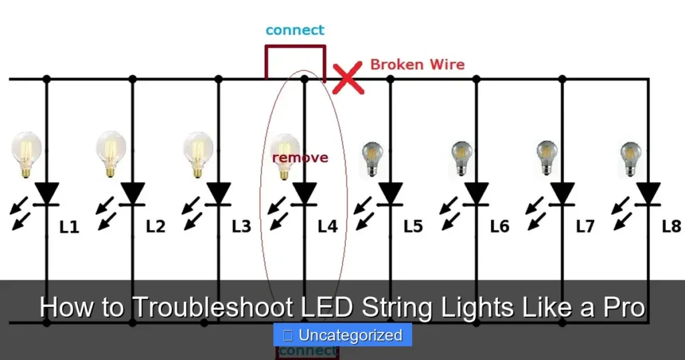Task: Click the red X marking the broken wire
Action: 348,79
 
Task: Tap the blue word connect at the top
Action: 294,30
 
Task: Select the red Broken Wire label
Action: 417,65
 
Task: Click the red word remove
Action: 300,157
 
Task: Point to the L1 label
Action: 69,227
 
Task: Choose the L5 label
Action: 413,227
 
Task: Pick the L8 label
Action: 671,226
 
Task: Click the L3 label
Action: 241,227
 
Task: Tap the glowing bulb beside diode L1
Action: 27,153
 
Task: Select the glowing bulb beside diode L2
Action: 110,153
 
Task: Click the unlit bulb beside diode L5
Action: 371,158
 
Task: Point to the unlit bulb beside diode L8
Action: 630,158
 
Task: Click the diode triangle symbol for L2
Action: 132,193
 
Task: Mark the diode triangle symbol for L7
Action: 562,193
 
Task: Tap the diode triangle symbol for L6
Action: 476,193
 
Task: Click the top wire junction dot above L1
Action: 46,79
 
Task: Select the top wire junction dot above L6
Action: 476,79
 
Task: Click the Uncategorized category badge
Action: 342,335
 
